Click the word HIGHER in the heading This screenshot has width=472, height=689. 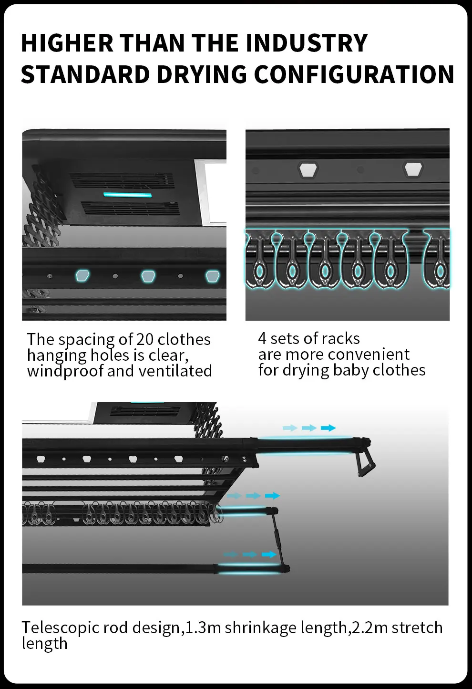coord(67,43)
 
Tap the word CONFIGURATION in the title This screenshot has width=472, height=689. coord(354,75)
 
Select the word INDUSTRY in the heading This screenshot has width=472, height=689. coord(307,43)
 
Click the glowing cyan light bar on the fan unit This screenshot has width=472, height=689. coord(127,195)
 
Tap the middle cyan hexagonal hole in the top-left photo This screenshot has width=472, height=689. coord(148,276)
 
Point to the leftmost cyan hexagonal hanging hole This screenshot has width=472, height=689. coord(82,275)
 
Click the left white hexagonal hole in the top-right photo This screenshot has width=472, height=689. coord(308,169)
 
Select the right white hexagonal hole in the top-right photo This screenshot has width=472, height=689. coord(413,169)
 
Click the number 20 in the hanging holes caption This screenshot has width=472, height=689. coord(145,339)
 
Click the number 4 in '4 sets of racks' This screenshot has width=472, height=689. coord(262,338)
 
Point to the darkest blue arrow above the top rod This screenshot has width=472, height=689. coord(328,428)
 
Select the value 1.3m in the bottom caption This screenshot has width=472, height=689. coord(203,627)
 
